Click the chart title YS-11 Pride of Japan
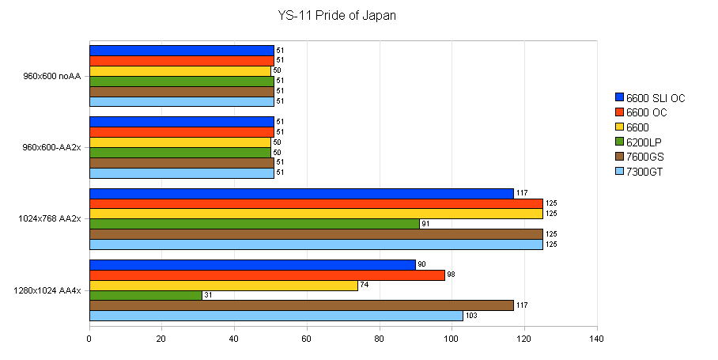(337, 16)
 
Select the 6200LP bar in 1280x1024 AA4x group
(145, 295)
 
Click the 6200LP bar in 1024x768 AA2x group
(254, 224)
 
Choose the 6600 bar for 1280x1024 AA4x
(224, 285)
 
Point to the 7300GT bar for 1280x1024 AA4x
(276, 316)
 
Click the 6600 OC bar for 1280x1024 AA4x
(266, 275)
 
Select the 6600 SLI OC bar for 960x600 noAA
(181, 51)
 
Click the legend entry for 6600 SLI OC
(648, 98)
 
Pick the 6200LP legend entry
(643, 142)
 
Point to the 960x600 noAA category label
(53, 76)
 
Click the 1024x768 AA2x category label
(49, 218)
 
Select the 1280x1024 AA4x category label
(47, 290)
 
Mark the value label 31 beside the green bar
(208, 295)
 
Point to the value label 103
(472, 316)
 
